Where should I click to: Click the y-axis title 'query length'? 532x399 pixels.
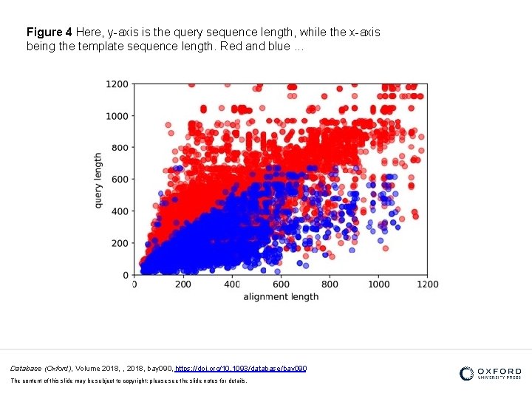(x=98, y=180)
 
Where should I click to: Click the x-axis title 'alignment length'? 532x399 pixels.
(x=282, y=296)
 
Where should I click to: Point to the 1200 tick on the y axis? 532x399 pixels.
(x=117, y=84)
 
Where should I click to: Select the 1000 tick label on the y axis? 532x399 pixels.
(x=117, y=116)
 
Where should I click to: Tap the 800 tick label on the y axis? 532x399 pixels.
(x=119, y=148)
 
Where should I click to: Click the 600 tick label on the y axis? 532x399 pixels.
(x=119, y=180)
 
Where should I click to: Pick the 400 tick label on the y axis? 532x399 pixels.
(x=119, y=211)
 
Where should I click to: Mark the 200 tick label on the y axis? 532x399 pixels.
(x=119, y=243)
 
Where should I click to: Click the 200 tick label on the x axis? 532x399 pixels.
(x=183, y=284)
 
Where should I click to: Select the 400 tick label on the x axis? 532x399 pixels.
(x=231, y=284)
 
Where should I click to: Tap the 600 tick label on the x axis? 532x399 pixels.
(x=281, y=284)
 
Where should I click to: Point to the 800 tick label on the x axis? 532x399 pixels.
(x=330, y=284)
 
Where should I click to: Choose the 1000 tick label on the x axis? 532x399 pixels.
(x=378, y=284)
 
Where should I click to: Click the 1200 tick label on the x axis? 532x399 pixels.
(x=427, y=284)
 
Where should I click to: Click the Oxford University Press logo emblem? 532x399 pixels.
(x=467, y=374)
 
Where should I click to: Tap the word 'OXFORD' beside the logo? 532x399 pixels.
(x=499, y=372)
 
